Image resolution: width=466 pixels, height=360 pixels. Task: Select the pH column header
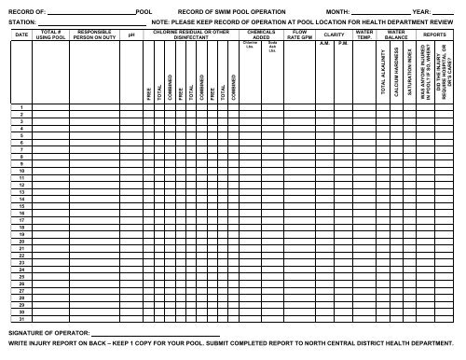point(132,35)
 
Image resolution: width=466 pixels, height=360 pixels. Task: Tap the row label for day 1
point(21,133)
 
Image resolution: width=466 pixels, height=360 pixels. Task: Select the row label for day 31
point(21,320)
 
